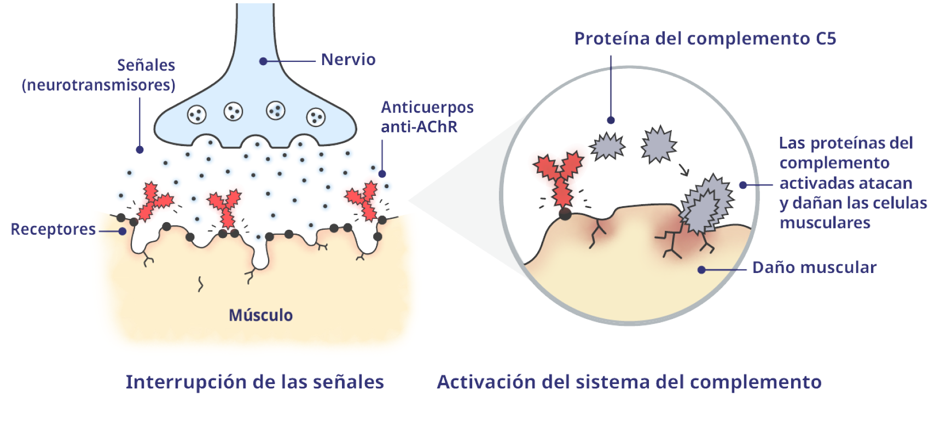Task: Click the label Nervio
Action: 348,60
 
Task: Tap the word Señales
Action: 146,66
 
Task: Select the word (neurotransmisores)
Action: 98,85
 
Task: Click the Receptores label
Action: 53,229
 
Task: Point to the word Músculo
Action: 260,315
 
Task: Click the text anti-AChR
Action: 419,127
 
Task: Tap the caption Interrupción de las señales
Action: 254,382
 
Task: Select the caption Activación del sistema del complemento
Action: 629,382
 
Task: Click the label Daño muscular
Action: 814,268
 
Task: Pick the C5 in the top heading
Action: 826,39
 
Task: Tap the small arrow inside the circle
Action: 683,170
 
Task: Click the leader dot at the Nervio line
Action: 263,61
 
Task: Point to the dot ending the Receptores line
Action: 123,231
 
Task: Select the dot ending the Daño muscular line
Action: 701,270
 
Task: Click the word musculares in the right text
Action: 825,223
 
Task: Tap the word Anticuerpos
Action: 427,107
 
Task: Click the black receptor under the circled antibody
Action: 565,214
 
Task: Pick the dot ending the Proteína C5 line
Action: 611,120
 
